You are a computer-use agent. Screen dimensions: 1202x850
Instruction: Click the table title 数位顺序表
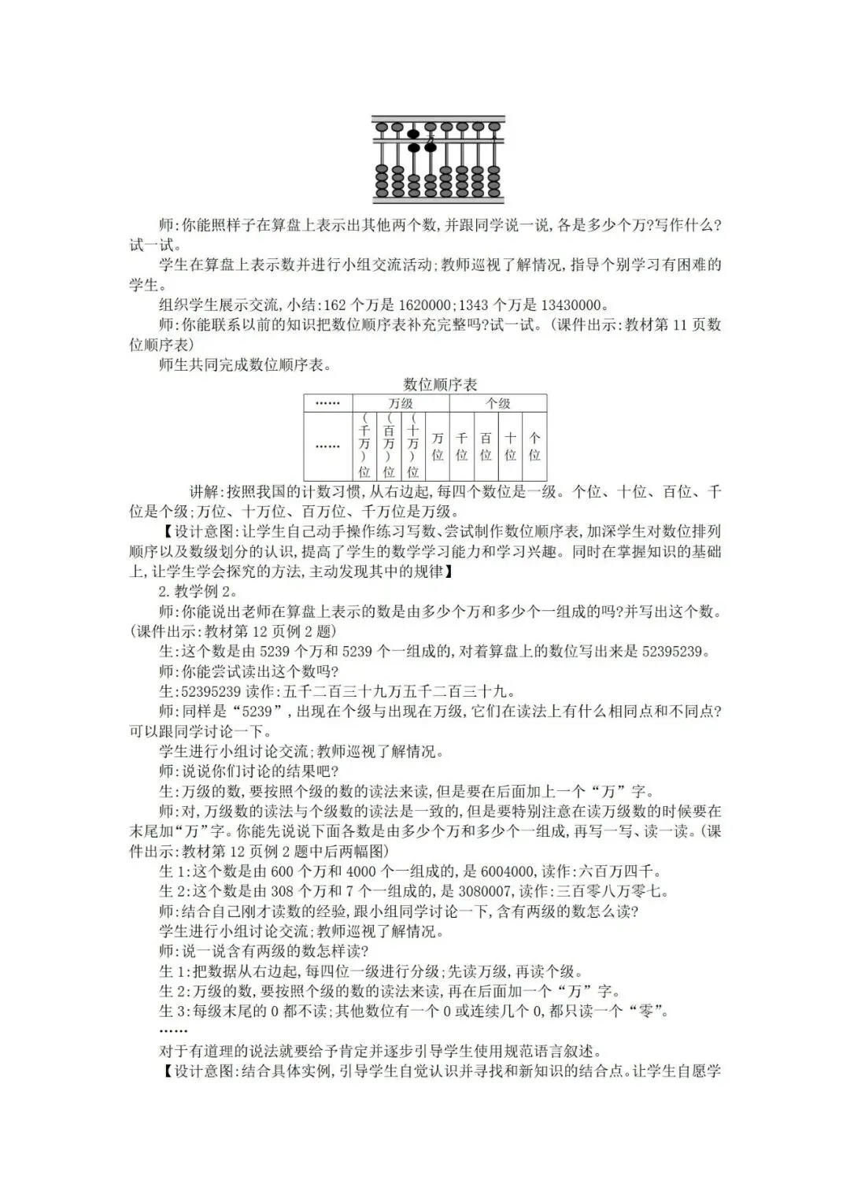[x=440, y=384]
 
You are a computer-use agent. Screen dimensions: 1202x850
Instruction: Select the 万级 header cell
[x=401, y=403]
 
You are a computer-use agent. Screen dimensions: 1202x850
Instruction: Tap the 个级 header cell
[x=497, y=403]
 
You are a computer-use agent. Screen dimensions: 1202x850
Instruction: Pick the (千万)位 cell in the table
[x=364, y=446]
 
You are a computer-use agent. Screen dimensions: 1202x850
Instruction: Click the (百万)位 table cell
[x=389, y=446]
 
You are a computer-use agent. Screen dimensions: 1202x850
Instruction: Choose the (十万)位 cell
[x=413, y=446]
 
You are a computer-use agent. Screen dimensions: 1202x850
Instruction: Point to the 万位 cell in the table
[x=438, y=446]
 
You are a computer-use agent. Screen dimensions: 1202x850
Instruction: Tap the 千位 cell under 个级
[x=462, y=446]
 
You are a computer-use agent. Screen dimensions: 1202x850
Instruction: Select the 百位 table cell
[x=486, y=446]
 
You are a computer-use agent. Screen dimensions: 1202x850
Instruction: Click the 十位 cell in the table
[x=510, y=446]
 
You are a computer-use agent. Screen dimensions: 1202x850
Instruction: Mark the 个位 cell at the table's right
[x=534, y=446]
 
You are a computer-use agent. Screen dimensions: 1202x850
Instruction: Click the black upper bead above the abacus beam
[x=413, y=133]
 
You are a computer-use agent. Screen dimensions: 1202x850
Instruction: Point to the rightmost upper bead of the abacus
[x=495, y=126]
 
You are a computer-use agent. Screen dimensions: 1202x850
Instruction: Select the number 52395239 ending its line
[x=676, y=651]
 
